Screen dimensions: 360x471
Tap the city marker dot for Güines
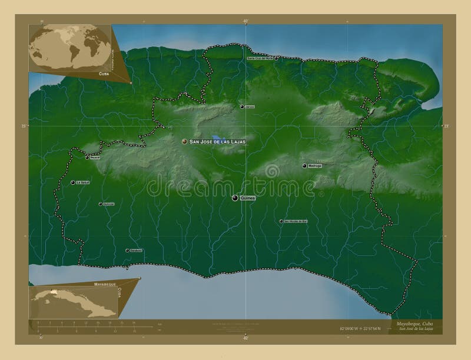tap(235, 199)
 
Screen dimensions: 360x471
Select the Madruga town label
tap(315, 166)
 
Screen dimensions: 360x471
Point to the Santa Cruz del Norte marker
tap(276, 58)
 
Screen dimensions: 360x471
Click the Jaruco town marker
tap(242, 106)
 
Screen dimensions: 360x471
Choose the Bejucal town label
tap(95, 158)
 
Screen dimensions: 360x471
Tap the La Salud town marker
tap(73, 182)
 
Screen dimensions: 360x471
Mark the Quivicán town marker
tap(100, 204)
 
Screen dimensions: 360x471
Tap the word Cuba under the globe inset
tap(104, 74)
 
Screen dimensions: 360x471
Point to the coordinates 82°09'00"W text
tap(351, 328)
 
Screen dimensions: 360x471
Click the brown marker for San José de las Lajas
tap(184, 142)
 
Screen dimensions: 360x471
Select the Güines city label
tap(248, 199)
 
